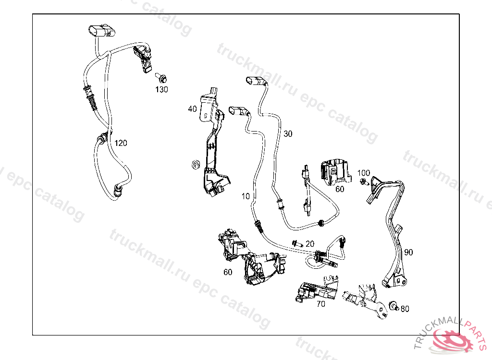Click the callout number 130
tap(161, 89)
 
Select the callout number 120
tap(121, 143)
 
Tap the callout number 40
tap(192, 109)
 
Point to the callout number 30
tap(288, 134)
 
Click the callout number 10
tap(246, 196)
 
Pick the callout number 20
tap(310, 244)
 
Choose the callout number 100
tap(363, 173)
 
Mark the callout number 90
tap(408, 252)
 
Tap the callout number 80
tap(405, 309)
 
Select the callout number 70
tap(320, 304)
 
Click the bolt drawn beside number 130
tap(161, 77)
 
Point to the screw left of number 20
tap(297, 243)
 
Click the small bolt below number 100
tap(364, 181)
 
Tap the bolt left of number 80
tap(394, 306)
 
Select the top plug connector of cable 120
tap(102, 31)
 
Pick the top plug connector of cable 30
tap(257, 81)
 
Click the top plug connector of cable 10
tap(239, 111)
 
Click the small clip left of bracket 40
tap(196, 164)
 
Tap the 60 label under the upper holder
tap(340, 189)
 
